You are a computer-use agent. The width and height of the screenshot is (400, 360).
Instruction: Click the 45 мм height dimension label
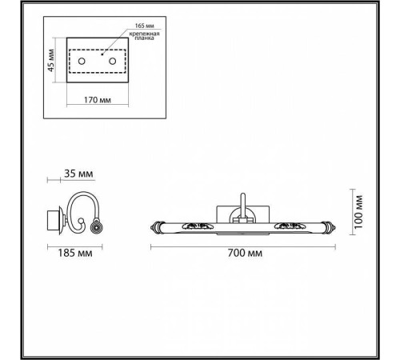[50, 61]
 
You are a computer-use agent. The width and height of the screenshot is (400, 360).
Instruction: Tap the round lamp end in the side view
[96, 227]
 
